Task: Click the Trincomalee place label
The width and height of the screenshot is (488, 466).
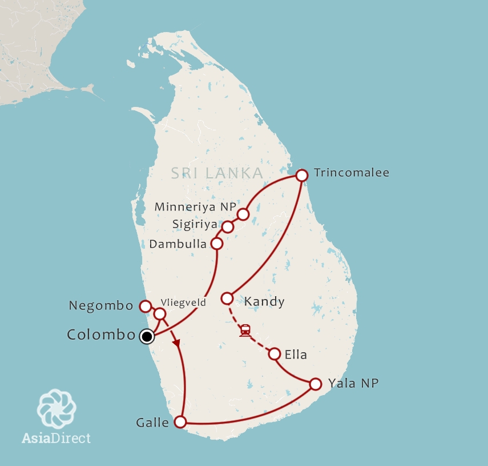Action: pos(351,173)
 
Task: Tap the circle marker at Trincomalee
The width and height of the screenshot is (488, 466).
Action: pos(302,175)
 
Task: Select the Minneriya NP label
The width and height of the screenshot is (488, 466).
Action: pos(195,207)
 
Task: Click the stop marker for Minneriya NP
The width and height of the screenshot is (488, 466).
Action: pos(243,214)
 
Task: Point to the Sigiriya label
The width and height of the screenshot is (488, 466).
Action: pos(195,224)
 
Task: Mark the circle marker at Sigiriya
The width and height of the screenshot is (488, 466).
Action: pos(228,227)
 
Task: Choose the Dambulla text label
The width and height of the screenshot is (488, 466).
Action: pos(177,244)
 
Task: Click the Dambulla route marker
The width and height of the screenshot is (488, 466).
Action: pos(217,244)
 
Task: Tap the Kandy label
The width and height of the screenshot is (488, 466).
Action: pos(264,301)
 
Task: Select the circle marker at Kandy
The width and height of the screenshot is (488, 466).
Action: pos(227,298)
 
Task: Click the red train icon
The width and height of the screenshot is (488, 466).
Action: pos(245,330)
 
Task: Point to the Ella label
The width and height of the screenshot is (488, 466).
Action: pos(295,355)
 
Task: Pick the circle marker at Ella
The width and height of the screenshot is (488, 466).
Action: pos(275,354)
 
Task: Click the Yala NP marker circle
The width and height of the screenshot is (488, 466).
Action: pos(315,384)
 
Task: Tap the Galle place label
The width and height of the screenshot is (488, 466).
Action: pos(152,423)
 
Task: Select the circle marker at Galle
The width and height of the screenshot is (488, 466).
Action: pos(180,422)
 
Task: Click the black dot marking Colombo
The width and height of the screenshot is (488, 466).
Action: pos(147,336)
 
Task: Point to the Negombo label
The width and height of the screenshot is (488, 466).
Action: pos(101,306)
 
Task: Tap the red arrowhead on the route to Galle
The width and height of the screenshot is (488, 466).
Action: pos(177,344)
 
